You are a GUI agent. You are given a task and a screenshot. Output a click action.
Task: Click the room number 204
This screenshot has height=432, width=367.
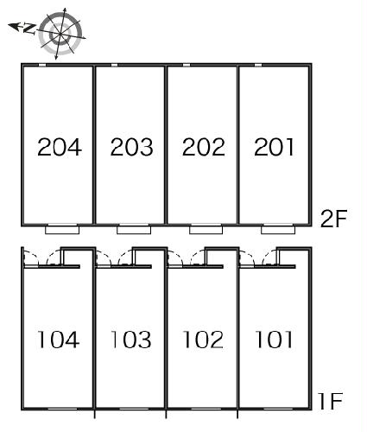point(60,147)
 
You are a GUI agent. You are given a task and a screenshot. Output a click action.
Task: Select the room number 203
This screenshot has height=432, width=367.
point(131,147)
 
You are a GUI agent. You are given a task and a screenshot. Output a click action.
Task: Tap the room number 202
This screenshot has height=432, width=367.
point(203,147)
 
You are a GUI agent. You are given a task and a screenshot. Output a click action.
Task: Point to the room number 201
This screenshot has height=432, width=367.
point(274,147)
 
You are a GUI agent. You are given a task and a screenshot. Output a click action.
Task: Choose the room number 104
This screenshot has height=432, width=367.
point(59,340)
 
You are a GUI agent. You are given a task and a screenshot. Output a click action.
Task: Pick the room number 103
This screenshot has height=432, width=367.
point(131,340)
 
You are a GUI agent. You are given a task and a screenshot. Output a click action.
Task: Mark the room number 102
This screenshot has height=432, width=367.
point(203,340)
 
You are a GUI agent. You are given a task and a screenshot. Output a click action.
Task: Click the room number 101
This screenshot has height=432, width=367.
point(274,340)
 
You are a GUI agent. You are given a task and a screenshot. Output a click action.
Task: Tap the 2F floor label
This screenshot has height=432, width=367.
point(334,219)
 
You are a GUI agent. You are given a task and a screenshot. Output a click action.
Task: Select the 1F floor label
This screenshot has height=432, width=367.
point(331,401)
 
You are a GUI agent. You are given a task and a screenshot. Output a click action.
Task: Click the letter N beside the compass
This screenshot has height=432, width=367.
point(29,29)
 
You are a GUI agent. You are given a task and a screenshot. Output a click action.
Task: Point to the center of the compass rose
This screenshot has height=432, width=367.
point(60,35)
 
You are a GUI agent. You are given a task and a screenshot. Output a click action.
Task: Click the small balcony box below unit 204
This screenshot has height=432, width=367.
point(62,230)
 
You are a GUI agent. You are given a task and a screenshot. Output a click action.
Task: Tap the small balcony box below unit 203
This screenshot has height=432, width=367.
point(134,230)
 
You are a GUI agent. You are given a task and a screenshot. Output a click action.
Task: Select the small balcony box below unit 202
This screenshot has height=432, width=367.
point(206,230)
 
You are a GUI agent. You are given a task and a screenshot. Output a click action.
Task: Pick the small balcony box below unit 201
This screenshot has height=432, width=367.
point(278,230)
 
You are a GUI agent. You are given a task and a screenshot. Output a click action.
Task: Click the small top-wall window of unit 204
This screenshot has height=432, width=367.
point(42,65)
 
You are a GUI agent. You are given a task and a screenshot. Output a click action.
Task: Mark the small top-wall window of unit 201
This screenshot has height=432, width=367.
point(258,65)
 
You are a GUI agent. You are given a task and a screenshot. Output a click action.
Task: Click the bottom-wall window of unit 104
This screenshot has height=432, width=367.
point(62,409)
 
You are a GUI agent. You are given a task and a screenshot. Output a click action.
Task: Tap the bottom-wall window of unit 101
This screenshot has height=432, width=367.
point(278,409)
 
